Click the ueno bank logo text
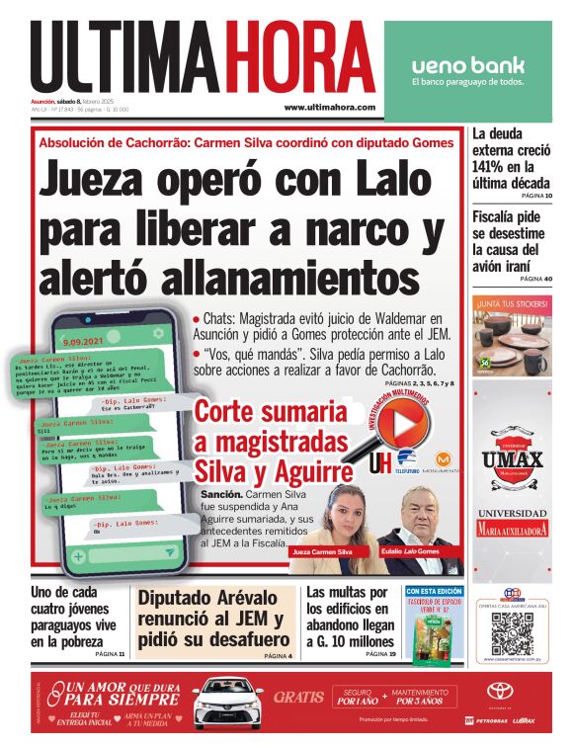pos(468,66)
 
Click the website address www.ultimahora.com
pos(329,107)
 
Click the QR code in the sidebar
pos(512,631)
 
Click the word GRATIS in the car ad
pos(298,697)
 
